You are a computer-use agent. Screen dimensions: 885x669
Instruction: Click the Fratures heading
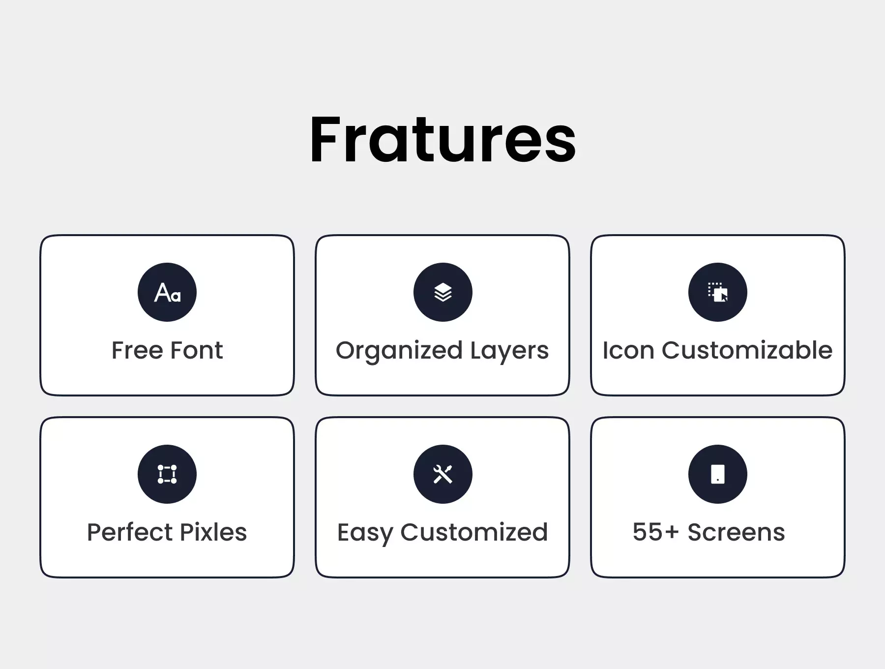coord(442,139)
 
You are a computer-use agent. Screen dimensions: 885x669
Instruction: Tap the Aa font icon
coord(167,292)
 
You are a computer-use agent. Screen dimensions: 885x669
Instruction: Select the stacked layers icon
coord(443,292)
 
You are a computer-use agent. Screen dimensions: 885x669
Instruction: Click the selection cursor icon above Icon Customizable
coord(718,292)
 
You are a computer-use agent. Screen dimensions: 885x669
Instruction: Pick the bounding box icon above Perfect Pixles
coord(167,474)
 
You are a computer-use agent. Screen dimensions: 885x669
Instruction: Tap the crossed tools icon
coord(443,474)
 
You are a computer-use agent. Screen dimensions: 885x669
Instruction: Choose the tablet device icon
coord(718,474)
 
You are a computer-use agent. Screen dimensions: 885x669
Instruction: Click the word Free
coord(137,350)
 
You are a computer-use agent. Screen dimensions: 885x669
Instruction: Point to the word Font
coord(197,350)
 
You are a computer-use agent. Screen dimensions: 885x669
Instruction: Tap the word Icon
coord(628,350)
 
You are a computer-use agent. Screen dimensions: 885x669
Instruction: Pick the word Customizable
coord(747,350)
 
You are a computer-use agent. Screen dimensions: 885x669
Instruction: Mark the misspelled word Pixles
coord(214,532)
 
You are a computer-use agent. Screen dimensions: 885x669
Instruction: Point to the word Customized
coord(474,532)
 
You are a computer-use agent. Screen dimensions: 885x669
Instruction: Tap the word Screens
coord(736,532)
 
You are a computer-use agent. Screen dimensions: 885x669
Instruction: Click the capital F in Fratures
coord(325,139)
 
